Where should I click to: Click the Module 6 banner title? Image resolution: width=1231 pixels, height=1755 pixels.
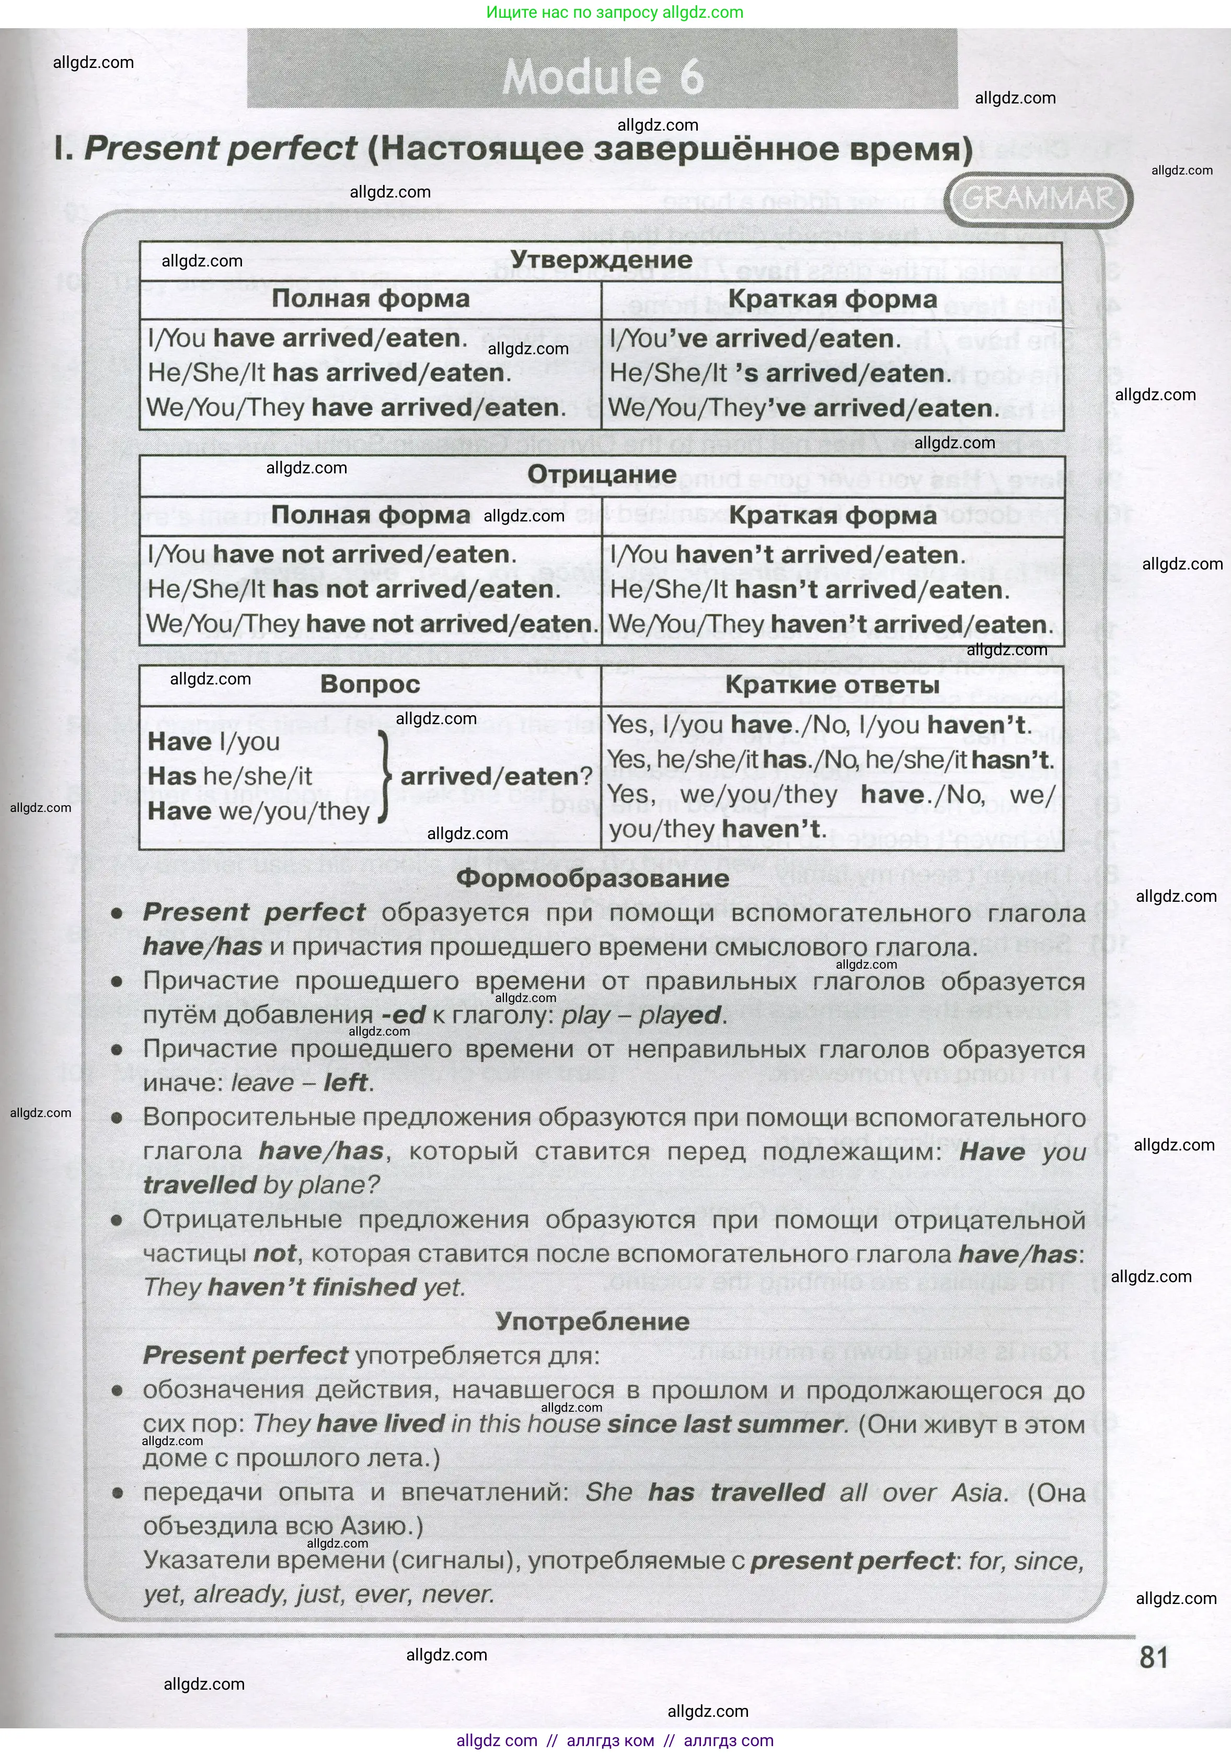pyautogui.click(x=603, y=76)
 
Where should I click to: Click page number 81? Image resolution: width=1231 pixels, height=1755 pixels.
pyautogui.click(x=1153, y=1658)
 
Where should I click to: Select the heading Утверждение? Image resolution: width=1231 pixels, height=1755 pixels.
pyautogui.click(x=601, y=260)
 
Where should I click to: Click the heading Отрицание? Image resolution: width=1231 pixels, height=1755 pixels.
pyautogui.click(x=602, y=475)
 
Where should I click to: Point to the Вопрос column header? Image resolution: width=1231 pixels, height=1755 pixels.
pyautogui.click(x=370, y=683)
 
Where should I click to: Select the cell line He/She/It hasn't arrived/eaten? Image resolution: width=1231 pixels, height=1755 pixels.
pyautogui.click(x=810, y=590)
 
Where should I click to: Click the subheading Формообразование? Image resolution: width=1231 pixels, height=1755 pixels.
pyautogui.click(x=593, y=878)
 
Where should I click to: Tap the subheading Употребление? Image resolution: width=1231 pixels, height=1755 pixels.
pyautogui.click(x=593, y=1321)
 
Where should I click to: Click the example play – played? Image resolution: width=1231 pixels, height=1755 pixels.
pyautogui.click(x=641, y=1015)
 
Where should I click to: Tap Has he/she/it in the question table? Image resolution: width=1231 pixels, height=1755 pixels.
pyautogui.click(x=229, y=776)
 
